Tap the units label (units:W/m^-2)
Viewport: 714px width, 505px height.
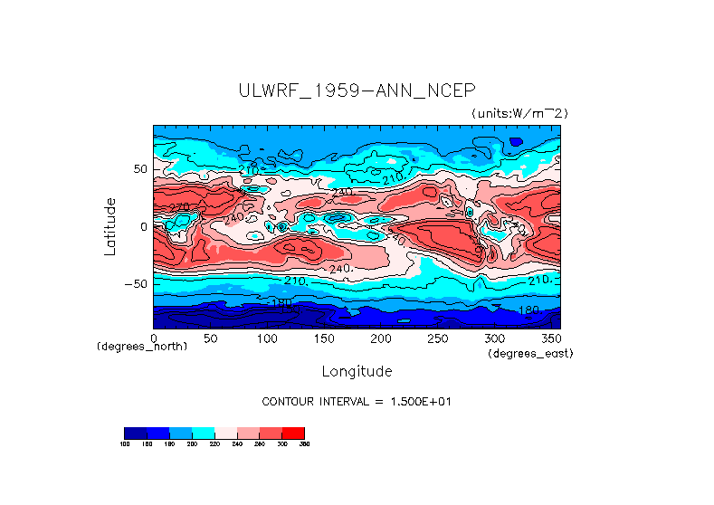point(519,113)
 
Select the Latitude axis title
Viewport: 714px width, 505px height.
point(109,225)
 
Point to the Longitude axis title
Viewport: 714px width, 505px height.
point(357,371)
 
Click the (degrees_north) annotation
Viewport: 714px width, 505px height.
point(142,347)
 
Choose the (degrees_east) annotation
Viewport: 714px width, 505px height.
point(529,353)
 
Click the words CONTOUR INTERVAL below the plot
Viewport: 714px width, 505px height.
point(312,401)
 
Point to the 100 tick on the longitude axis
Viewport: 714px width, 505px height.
point(266,338)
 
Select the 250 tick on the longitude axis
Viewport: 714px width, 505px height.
point(437,338)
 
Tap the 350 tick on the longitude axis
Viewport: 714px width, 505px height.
point(550,338)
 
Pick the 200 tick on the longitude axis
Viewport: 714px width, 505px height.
point(380,338)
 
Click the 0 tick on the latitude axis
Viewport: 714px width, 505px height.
point(142,226)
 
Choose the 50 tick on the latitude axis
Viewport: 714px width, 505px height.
point(138,169)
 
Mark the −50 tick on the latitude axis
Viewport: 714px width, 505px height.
point(135,283)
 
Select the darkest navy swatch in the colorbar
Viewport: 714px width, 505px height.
point(135,433)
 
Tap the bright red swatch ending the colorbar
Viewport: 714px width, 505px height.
point(293,433)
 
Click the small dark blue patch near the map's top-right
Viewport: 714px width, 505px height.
point(516,141)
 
